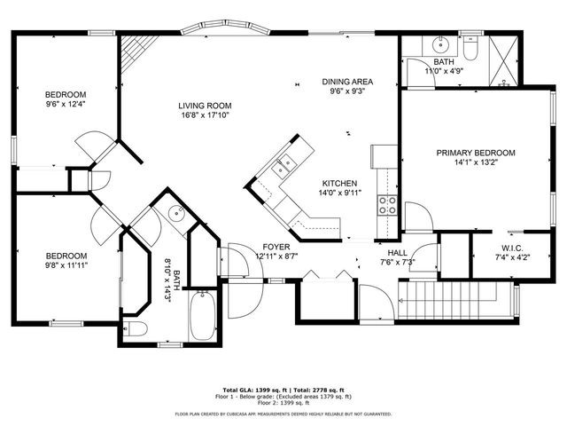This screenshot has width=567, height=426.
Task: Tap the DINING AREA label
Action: click(346, 82)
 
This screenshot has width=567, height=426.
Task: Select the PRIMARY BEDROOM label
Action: click(475, 153)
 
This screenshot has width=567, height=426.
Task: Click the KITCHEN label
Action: click(339, 183)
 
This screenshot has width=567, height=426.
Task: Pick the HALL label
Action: click(384, 253)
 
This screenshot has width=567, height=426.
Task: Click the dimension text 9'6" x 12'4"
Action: click(66, 106)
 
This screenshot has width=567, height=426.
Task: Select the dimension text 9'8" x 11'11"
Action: click(66, 264)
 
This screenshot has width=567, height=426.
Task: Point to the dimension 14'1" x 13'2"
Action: click(475, 162)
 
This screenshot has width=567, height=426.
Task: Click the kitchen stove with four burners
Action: click(387, 206)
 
